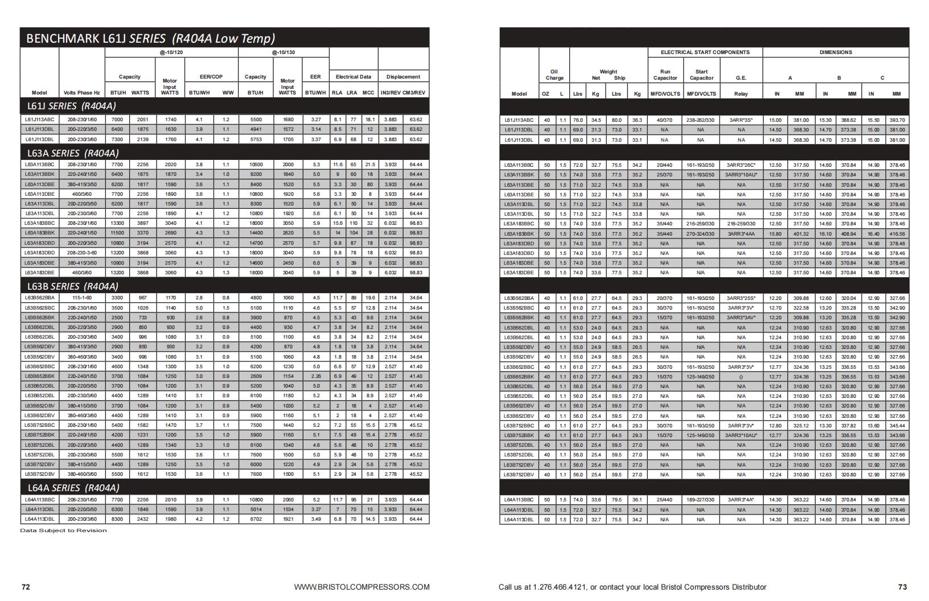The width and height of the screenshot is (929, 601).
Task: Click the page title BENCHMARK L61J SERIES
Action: point(150,39)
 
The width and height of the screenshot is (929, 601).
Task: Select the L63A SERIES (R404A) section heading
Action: point(72,153)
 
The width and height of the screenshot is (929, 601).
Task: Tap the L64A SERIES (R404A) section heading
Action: point(73,488)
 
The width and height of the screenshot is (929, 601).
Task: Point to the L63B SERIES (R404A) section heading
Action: point(72,286)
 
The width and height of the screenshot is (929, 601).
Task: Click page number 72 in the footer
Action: point(26,587)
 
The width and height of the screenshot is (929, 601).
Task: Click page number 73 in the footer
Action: point(902,587)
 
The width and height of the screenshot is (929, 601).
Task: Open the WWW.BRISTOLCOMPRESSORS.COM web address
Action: point(361,587)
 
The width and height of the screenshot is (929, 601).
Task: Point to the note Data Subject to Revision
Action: point(63,530)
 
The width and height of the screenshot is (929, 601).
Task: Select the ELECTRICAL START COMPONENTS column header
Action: point(705,52)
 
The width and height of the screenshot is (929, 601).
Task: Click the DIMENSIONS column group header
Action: point(835,52)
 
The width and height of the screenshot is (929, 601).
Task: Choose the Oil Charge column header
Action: point(554,75)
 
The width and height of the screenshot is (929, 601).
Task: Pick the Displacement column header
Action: point(403,77)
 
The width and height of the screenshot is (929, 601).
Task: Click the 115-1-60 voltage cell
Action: point(82,298)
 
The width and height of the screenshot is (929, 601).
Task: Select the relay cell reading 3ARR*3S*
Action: point(741,120)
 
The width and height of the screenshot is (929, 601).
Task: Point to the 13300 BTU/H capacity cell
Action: point(117,224)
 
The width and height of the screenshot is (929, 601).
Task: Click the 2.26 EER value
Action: point(316,376)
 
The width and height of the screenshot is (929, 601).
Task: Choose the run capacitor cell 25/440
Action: point(664,500)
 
